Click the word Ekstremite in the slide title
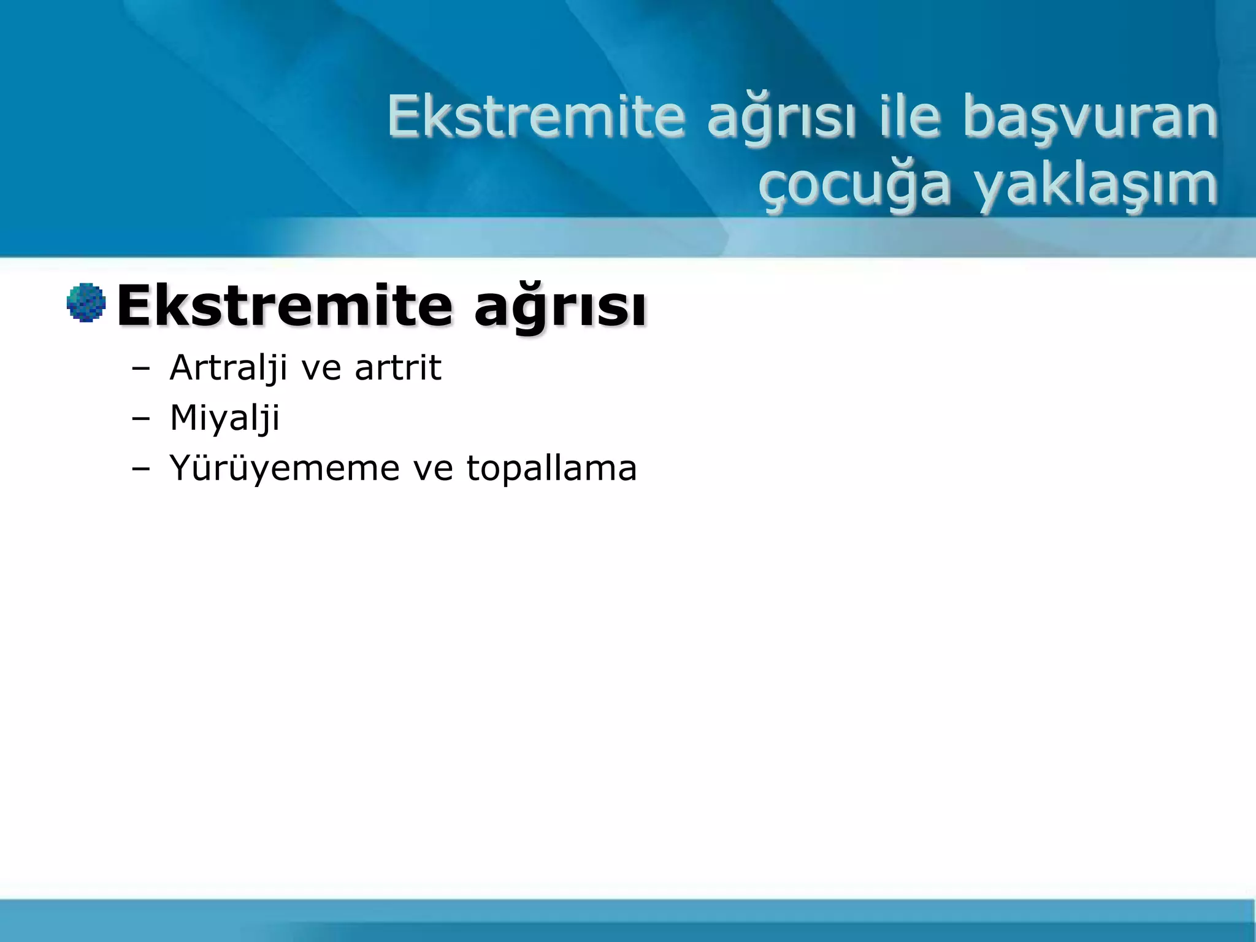[535, 117]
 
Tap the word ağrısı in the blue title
[780, 118]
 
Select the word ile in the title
[909, 117]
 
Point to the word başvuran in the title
[1089, 118]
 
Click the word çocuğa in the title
[854, 186]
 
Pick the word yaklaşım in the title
[1096, 186]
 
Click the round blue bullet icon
[86, 302]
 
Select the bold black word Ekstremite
[285, 305]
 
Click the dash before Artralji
[140, 369]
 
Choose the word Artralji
[228, 368]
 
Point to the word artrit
[398, 368]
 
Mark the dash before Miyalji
[140, 419]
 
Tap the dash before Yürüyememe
[140, 470]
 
